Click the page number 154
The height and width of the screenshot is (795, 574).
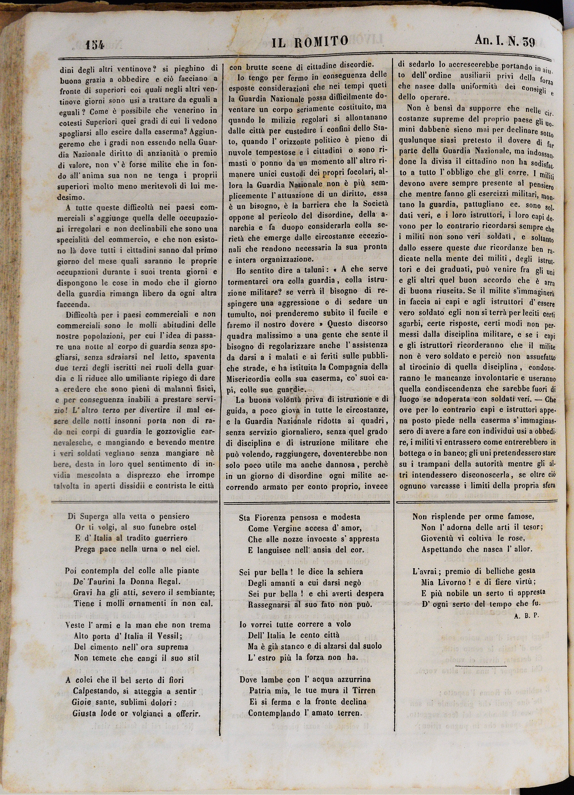(x=94, y=45)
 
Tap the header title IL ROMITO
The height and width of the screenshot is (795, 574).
(x=311, y=42)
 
